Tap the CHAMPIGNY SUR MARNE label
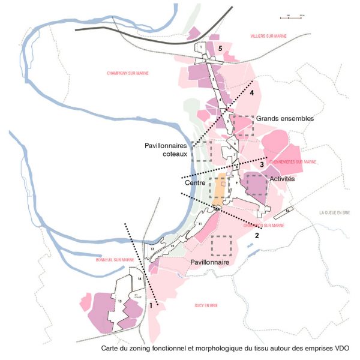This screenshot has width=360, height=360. (x=127, y=73)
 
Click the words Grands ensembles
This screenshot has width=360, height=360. (x=284, y=119)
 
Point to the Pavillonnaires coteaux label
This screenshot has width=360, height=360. (x=167, y=149)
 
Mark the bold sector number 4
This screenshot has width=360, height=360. (x=252, y=93)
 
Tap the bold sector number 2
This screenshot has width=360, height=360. (x=256, y=235)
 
